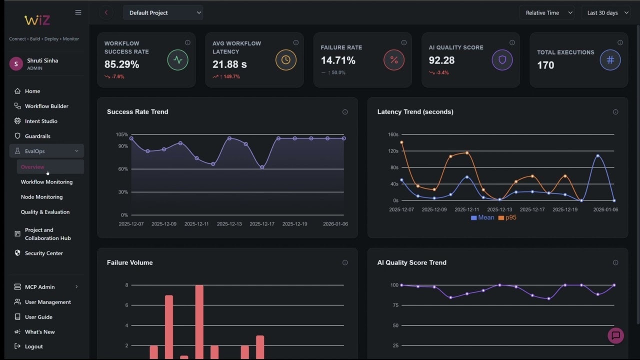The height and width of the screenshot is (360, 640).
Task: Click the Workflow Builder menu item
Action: [x=46, y=106]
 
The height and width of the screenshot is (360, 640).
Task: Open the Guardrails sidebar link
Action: [x=37, y=136]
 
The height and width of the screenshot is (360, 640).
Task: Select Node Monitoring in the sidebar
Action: [x=41, y=197]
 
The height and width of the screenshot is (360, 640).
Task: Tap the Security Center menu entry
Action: [x=44, y=253]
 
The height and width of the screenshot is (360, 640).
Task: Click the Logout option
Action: [x=33, y=346]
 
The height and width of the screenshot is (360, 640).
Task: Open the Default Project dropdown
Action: [x=163, y=13]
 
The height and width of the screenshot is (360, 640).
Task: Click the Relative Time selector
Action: [x=546, y=13]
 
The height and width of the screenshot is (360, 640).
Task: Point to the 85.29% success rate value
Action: [x=121, y=64]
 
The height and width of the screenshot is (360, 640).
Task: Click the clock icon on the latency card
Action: [x=286, y=60]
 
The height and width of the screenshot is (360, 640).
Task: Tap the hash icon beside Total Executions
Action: [x=610, y=60]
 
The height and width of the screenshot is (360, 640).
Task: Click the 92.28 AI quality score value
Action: [x=441, y=60]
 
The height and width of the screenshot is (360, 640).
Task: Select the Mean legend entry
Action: [x=482, y=218]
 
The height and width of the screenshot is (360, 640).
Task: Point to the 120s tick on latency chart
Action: [x=392, y=151]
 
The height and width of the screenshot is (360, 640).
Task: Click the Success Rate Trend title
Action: [x=137, y=112]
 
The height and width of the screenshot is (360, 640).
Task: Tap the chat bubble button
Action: [x=615, y=335]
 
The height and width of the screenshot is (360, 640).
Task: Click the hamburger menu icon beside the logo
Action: [x=78, y=12]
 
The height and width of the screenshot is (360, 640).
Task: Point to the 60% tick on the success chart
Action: [x=122, y=169]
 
